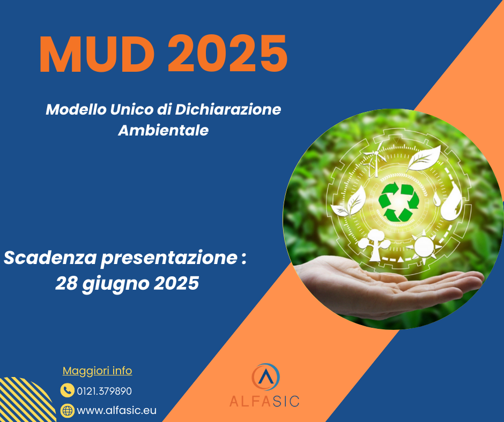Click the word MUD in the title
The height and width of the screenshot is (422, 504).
[97, 54]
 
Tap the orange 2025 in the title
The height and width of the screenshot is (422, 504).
[227, 54]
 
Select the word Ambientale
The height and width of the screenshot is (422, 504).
[164, 130]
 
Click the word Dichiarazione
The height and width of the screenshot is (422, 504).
[228, 109]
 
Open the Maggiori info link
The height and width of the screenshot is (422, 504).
[97, 371]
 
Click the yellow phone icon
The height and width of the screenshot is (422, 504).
[67, 390]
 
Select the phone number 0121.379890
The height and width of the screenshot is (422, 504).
[104, 391]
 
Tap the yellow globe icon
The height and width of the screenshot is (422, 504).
[67, 410]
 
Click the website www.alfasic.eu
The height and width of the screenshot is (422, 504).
[117, 410]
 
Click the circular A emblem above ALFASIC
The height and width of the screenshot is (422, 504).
[265, 377]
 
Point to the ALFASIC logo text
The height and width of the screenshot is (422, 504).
[264, 402]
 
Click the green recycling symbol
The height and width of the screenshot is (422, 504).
[398, 202]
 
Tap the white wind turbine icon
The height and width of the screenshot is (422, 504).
[375, 159]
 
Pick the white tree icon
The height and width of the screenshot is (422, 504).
[375, 245]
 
